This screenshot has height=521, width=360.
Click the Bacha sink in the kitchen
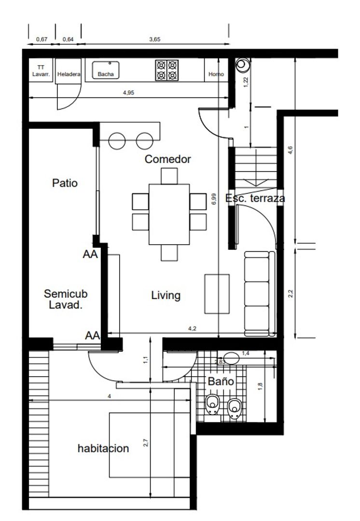(x=106, y=70)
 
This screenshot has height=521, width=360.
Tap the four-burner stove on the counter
(x=167, y=70)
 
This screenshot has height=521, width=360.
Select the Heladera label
(x=69, y=74)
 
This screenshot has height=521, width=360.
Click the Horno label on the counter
(x=216, y=74)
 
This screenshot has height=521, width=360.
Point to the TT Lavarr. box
(x=41, y=70)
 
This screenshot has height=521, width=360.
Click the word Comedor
(x=167, y=159)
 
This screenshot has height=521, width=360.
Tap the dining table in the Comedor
(x=169, y=214)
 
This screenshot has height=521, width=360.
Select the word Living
(x=166, y=295)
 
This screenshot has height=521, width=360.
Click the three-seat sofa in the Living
(x=260, y=294)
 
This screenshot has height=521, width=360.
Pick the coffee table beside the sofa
(x=217, y=294)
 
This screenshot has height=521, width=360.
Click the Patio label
(x=65, y=183)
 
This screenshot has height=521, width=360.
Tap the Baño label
(x=221, y=381)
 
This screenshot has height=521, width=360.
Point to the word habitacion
(x=103, y=448)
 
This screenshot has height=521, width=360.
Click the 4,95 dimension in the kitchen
(x=128, y=93)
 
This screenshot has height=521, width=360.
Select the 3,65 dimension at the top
(x=154, y=39)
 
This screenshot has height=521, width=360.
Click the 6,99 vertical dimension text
(x=214, y=199)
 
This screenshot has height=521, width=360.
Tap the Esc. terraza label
(x=255, y=198)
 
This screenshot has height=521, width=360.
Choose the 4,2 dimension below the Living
(x=192, y=329)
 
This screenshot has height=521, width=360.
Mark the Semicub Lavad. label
(x=66, y=299)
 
